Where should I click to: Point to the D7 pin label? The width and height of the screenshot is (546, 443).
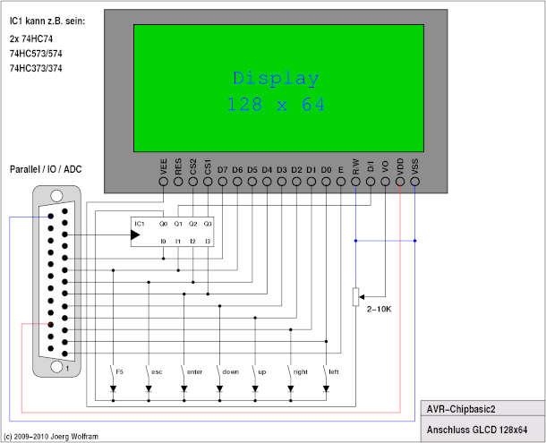[x=223, y=166]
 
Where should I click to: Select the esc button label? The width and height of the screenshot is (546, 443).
[x=156, y=370]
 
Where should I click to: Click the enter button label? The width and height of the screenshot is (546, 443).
[x=194, y=370]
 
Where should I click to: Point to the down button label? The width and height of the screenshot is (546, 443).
[x=230, y=370]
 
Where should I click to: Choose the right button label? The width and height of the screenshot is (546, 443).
[x=300, y=370]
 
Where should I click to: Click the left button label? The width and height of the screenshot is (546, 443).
[x=334, y=370]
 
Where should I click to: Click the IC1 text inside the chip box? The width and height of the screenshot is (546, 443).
[x=139, y=223]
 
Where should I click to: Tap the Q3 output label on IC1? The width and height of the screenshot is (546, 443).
[x=208, y=223]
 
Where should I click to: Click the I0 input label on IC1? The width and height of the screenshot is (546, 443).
[x=163, y=241]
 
